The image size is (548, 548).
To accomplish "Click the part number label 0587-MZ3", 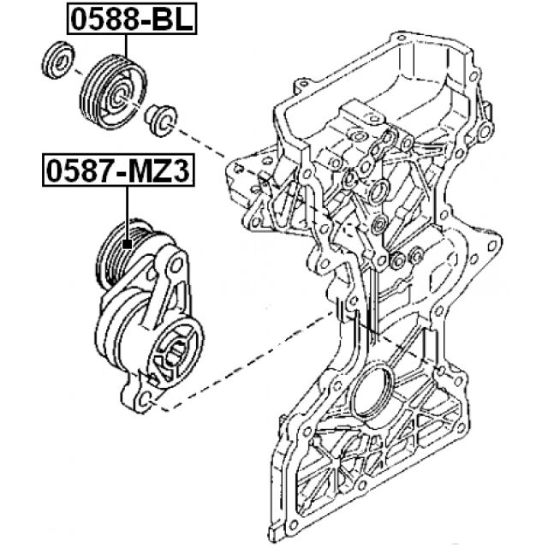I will click(119, 171).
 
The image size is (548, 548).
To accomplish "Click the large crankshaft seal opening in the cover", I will click(374, 399).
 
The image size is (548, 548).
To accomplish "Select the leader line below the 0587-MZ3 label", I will click(127, 214).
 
